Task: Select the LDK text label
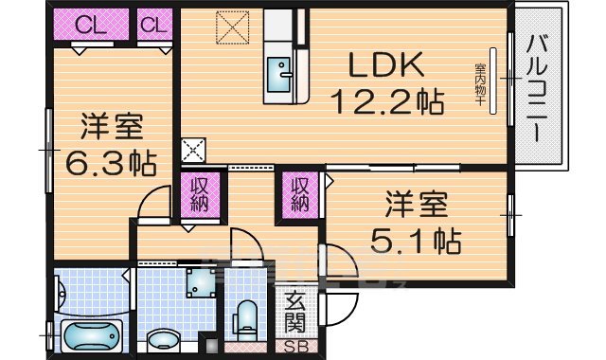pyautogui.click(x=386, y=66)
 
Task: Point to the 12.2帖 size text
pyautogui.click(x=386, y=99)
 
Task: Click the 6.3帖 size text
pyautogui.click(x=110, y=163)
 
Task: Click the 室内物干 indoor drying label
pyautogui.click(x=481, y=80)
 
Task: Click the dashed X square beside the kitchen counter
pyautogui.click(x=230, y=27)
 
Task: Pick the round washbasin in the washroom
pyautogui.click(x=163, y=339)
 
